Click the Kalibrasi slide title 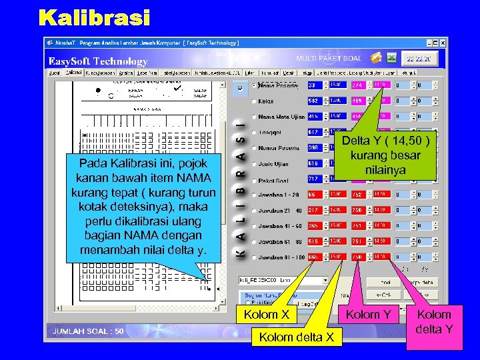click(x=94, y=18)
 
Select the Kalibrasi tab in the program click(x=74, y=72)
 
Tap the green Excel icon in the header click(x=391, y=58)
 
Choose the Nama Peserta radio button click(x=254, y=85)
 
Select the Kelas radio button click(x=254, y=101)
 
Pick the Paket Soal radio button click(x=254, y=179)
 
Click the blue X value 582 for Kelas click(x=313, y=101)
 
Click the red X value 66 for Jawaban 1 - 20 click(x=313, y=195)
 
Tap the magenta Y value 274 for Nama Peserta click(x=357, y=85)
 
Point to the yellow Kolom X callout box click(x=267, y=315)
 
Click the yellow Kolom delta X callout click(x=297, y=337)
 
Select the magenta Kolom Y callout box click(x=369, y=315)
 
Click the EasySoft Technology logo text click(x=98, y=61)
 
